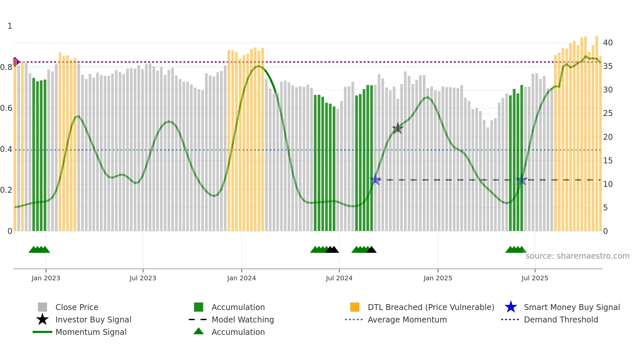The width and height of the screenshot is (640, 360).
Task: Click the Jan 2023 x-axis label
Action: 46,278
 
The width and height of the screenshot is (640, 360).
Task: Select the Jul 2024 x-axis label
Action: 339,278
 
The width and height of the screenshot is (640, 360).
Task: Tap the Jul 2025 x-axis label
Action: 535,278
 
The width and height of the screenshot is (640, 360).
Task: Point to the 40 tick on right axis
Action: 608,43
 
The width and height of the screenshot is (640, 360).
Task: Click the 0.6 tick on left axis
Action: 6,108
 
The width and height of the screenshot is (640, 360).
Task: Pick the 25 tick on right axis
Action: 608,113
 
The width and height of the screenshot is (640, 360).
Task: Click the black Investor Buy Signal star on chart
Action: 397,128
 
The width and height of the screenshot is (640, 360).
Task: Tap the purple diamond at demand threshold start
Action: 15,62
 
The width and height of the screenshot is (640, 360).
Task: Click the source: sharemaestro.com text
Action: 577,256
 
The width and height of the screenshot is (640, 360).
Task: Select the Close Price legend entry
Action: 77,307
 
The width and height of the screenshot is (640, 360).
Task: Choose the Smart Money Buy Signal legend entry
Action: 571,307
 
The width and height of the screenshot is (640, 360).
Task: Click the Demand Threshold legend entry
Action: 561,319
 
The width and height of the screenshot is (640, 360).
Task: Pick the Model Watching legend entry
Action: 242,319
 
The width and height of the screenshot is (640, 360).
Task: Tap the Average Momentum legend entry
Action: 407,319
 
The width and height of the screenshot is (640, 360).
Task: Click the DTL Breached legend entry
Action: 431,307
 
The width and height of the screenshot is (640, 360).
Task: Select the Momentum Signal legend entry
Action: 91,332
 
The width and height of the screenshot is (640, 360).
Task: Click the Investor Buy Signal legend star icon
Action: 42,319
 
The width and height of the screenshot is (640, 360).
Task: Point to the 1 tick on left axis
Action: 10,26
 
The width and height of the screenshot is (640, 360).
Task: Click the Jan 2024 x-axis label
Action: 241,278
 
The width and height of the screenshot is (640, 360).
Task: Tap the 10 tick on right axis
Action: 608,184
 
